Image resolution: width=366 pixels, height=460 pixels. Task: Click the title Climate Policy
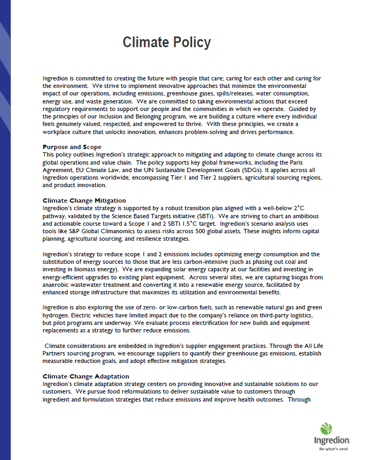click(166, 42)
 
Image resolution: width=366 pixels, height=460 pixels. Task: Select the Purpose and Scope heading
click(71, 147)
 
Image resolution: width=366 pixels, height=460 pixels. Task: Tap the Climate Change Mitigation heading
click(84, 201)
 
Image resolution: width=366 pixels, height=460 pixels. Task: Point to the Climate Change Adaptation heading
click(86, 376)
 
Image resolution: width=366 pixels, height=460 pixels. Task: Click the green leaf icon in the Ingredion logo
click(326, 428)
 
